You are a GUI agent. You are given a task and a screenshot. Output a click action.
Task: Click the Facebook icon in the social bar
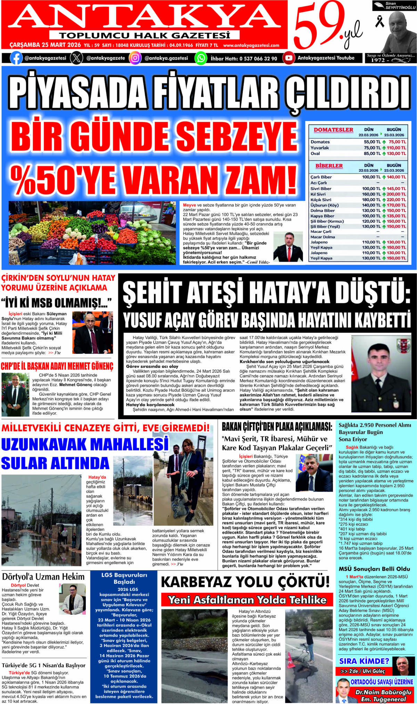16,58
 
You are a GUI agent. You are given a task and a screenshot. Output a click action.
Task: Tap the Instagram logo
135,58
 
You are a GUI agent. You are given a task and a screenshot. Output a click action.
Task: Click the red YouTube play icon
288,58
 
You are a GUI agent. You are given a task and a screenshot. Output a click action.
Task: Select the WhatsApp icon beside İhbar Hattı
201,58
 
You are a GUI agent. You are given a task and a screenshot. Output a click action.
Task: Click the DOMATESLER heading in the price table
333,130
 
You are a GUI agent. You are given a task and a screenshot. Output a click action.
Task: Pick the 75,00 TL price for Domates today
397,142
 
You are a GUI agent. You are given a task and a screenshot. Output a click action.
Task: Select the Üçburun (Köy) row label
324,205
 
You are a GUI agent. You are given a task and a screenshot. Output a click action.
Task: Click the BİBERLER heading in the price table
329,166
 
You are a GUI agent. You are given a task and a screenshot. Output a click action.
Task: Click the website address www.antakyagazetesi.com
251,46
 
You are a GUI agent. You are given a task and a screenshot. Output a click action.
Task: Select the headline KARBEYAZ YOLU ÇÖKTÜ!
245,582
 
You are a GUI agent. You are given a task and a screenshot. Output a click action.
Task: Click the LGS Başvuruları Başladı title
124,578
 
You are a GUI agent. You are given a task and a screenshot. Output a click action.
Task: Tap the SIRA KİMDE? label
364,661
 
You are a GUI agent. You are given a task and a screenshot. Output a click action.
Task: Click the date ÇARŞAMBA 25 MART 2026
45,45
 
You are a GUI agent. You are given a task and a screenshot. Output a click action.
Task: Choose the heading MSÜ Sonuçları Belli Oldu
374,569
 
